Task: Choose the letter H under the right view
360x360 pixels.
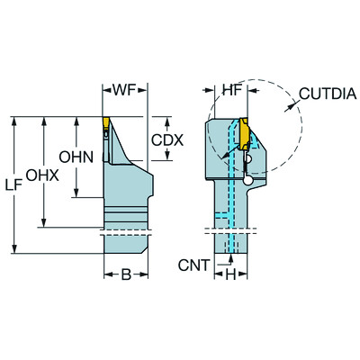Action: pyautogui.click(x=230, y=273)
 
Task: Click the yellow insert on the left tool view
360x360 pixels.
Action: pyautogui.click(x=105, y=125)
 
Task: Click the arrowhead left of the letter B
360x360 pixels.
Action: pyautogui.click(x=108, y=273)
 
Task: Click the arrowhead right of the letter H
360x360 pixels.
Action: pyautogui.click(x=244, y=273)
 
